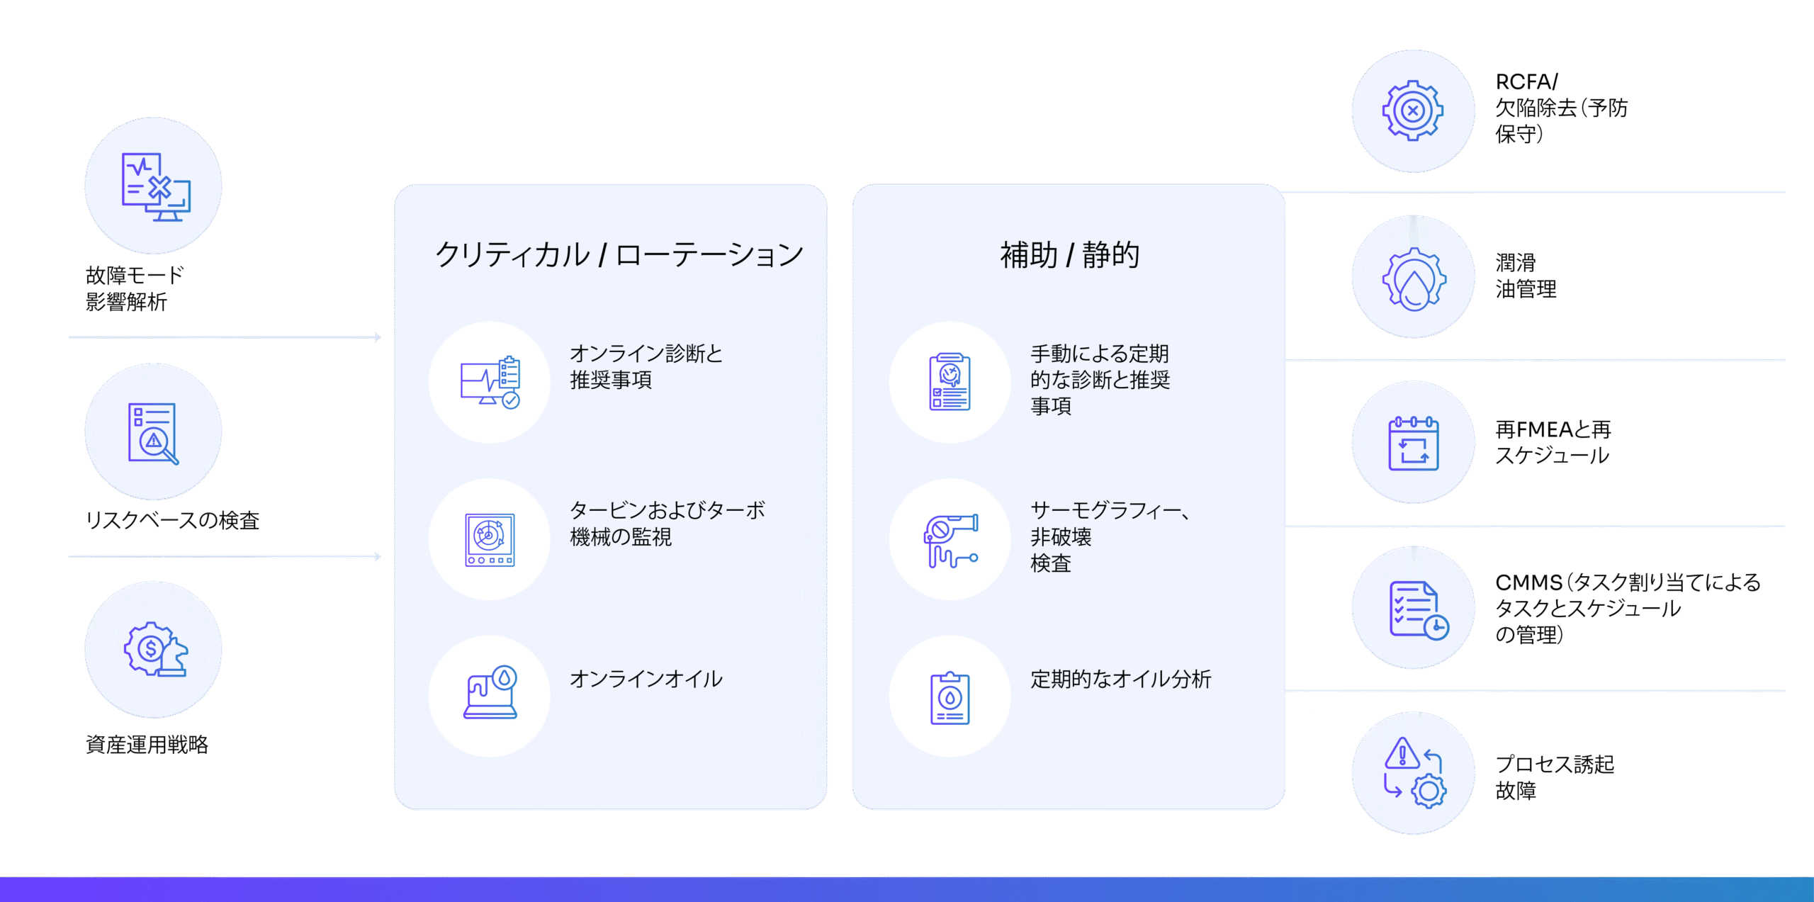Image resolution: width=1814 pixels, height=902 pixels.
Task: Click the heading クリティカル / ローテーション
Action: point(619,255)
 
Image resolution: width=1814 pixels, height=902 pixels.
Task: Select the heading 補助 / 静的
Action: point(1069,255)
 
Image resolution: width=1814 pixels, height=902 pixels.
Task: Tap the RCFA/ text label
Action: point(1526,81)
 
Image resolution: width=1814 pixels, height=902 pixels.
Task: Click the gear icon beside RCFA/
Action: point(1413,111)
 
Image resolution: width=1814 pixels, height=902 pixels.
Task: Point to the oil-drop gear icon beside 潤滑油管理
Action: point(1414,279)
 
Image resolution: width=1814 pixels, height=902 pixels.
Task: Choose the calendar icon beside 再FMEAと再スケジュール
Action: point(1413,443)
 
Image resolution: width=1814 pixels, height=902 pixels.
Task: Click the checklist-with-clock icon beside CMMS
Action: point(1419,610)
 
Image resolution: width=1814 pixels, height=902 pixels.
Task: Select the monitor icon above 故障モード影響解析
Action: point(156,187)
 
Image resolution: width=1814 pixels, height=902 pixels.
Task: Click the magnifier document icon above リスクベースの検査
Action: point(153,434)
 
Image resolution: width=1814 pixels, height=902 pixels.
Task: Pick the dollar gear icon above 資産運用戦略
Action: point(155,649)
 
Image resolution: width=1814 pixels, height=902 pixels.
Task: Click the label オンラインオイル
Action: point(646,679)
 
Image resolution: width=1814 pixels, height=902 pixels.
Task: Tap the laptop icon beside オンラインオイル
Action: point(490,692)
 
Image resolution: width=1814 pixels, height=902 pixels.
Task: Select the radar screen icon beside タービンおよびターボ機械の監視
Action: point(490,539)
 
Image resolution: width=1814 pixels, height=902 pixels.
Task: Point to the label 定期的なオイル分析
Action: point(1121,679)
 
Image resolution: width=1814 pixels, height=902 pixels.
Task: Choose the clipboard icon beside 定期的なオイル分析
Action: point(950,698)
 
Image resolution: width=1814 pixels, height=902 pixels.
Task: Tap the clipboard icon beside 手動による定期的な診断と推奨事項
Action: point(950,381)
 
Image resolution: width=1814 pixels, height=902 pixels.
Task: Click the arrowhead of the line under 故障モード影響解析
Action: point(378,337)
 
